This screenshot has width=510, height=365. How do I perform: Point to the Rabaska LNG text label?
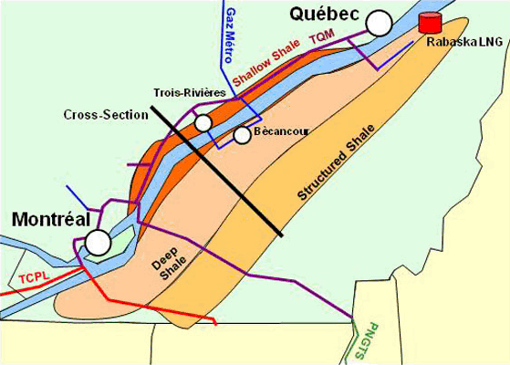(x=464, y=41)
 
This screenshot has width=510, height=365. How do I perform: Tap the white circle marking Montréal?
(x=98, y=242)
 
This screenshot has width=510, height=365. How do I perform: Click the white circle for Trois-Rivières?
(x=203, y=122)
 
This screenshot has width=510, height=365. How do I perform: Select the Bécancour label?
(x=281, y=132)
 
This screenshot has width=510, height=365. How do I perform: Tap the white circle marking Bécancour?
(x=242, y=135)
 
